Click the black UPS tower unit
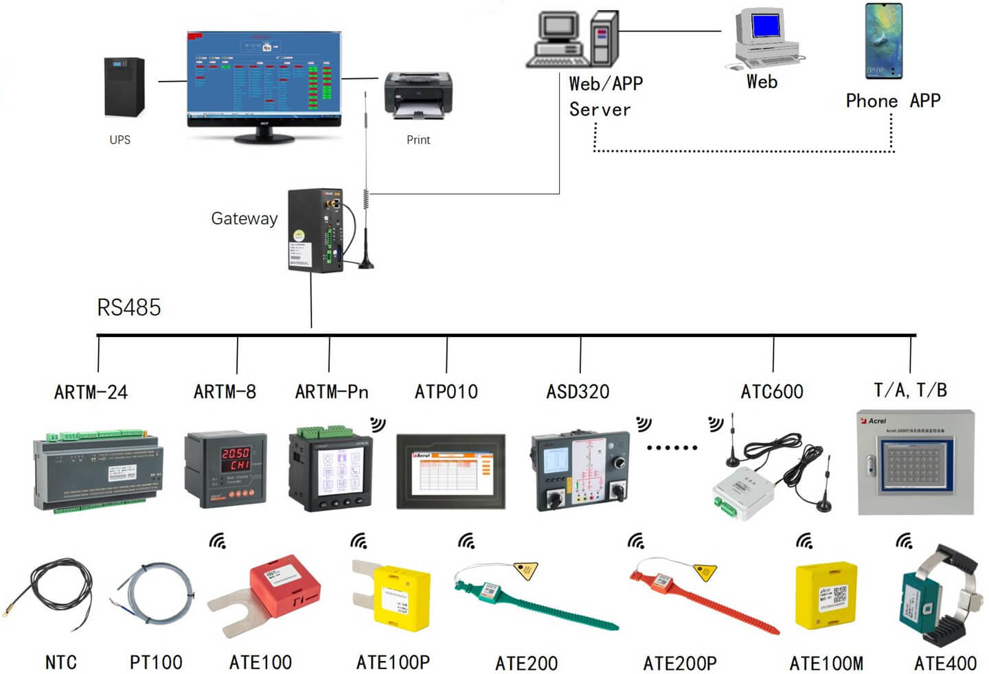(x=124, y=87)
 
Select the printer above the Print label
(x=418, y=95)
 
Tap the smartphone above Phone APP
(x=883, y=41)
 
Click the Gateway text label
(x=244, y=219)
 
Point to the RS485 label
(x=128, y=307)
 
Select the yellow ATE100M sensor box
(x=826, y=595)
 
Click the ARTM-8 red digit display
(x=236, y=459)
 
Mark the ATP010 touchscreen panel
(x=451, y=471)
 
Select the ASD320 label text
(x=578, y=392)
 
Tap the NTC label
(x=60, y=662)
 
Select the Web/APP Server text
(x=605, y=96)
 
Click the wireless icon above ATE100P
(x=359, y=542)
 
